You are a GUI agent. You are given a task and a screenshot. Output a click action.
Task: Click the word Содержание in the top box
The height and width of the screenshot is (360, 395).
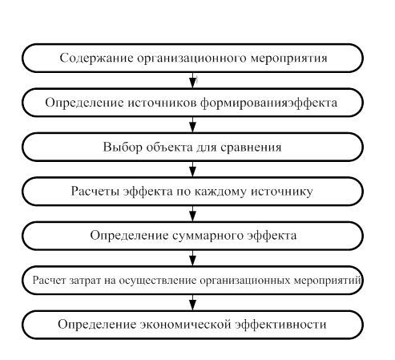pos(96,58)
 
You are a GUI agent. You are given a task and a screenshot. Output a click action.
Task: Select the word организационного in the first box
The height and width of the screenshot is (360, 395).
pos(191,59)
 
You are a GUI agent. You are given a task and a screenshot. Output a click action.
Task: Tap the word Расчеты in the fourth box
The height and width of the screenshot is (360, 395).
pos(95,192)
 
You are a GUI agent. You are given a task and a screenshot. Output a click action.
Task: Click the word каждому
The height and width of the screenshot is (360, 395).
pos(220,192)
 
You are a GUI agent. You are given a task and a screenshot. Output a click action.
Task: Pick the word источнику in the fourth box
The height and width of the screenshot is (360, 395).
pos(282,192)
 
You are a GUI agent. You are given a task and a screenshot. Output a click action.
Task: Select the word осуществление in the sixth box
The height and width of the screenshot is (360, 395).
pos(158,281)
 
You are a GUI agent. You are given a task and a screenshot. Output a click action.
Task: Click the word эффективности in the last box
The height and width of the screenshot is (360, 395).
pos(280,324)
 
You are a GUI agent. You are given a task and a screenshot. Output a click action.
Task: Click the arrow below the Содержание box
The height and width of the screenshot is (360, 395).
pos(192,80)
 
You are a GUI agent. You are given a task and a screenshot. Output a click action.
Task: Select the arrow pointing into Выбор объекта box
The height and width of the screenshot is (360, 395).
pos(192,124)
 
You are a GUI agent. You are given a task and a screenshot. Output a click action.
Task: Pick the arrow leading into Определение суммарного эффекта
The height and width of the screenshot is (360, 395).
pos(192,213)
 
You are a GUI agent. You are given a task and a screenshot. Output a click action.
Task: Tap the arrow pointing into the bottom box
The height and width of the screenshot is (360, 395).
pos(192,302)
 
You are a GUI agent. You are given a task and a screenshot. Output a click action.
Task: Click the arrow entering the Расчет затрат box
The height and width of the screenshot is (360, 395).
pos(192,258)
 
